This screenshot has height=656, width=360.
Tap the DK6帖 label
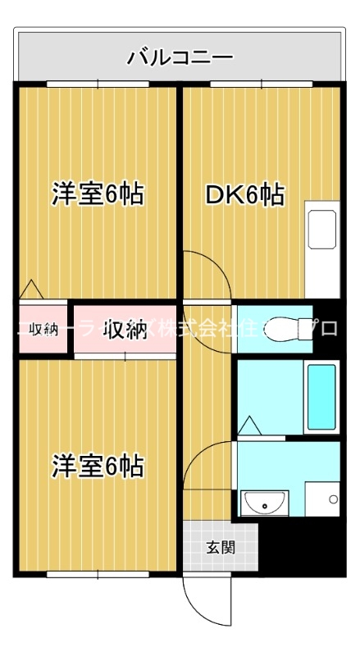point(244,195)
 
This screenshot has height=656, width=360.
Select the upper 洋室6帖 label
point(98,195)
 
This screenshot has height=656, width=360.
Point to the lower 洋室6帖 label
point(98,467)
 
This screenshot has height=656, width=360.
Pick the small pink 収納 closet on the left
point(43,330)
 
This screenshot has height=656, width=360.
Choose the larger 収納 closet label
point(125,330)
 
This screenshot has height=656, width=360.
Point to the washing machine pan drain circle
point(332,499)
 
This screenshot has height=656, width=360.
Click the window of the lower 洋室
point(98,574)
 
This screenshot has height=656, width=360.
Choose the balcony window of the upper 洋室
point(98,84)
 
